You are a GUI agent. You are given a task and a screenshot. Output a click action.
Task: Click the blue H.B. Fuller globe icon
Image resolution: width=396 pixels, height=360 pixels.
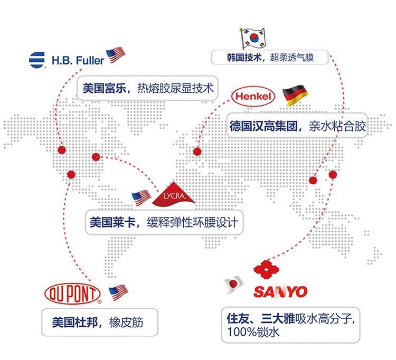[x=37, y=60]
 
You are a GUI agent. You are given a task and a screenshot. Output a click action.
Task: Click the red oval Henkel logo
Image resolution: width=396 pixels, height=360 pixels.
[x=253, y=97]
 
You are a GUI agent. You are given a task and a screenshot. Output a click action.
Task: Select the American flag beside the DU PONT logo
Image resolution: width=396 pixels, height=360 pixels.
[x=118, y=291]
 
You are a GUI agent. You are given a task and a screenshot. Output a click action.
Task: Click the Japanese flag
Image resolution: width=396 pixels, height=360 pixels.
[x=233, y=285]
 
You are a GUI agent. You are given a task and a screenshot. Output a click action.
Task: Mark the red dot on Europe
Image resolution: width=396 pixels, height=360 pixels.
[x=197, y=151]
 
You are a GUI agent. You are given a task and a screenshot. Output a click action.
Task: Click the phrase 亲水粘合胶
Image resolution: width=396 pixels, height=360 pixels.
[x=338, y=126]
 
